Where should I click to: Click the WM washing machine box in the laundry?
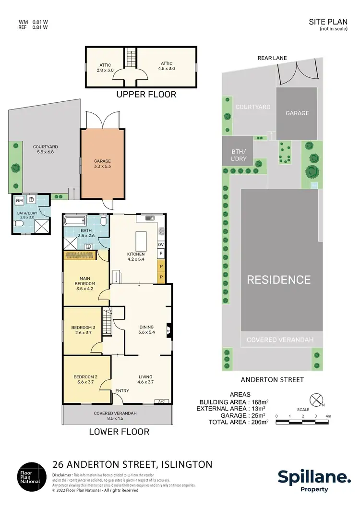pos(19,200)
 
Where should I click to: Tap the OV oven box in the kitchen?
pos(161,244)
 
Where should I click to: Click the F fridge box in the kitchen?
pos(161,253)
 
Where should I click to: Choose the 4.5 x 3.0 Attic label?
pos(167,66)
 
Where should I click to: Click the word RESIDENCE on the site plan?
pos(279,279)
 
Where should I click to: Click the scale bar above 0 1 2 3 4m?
pos(302,423)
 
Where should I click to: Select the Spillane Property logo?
pos(314,480)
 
